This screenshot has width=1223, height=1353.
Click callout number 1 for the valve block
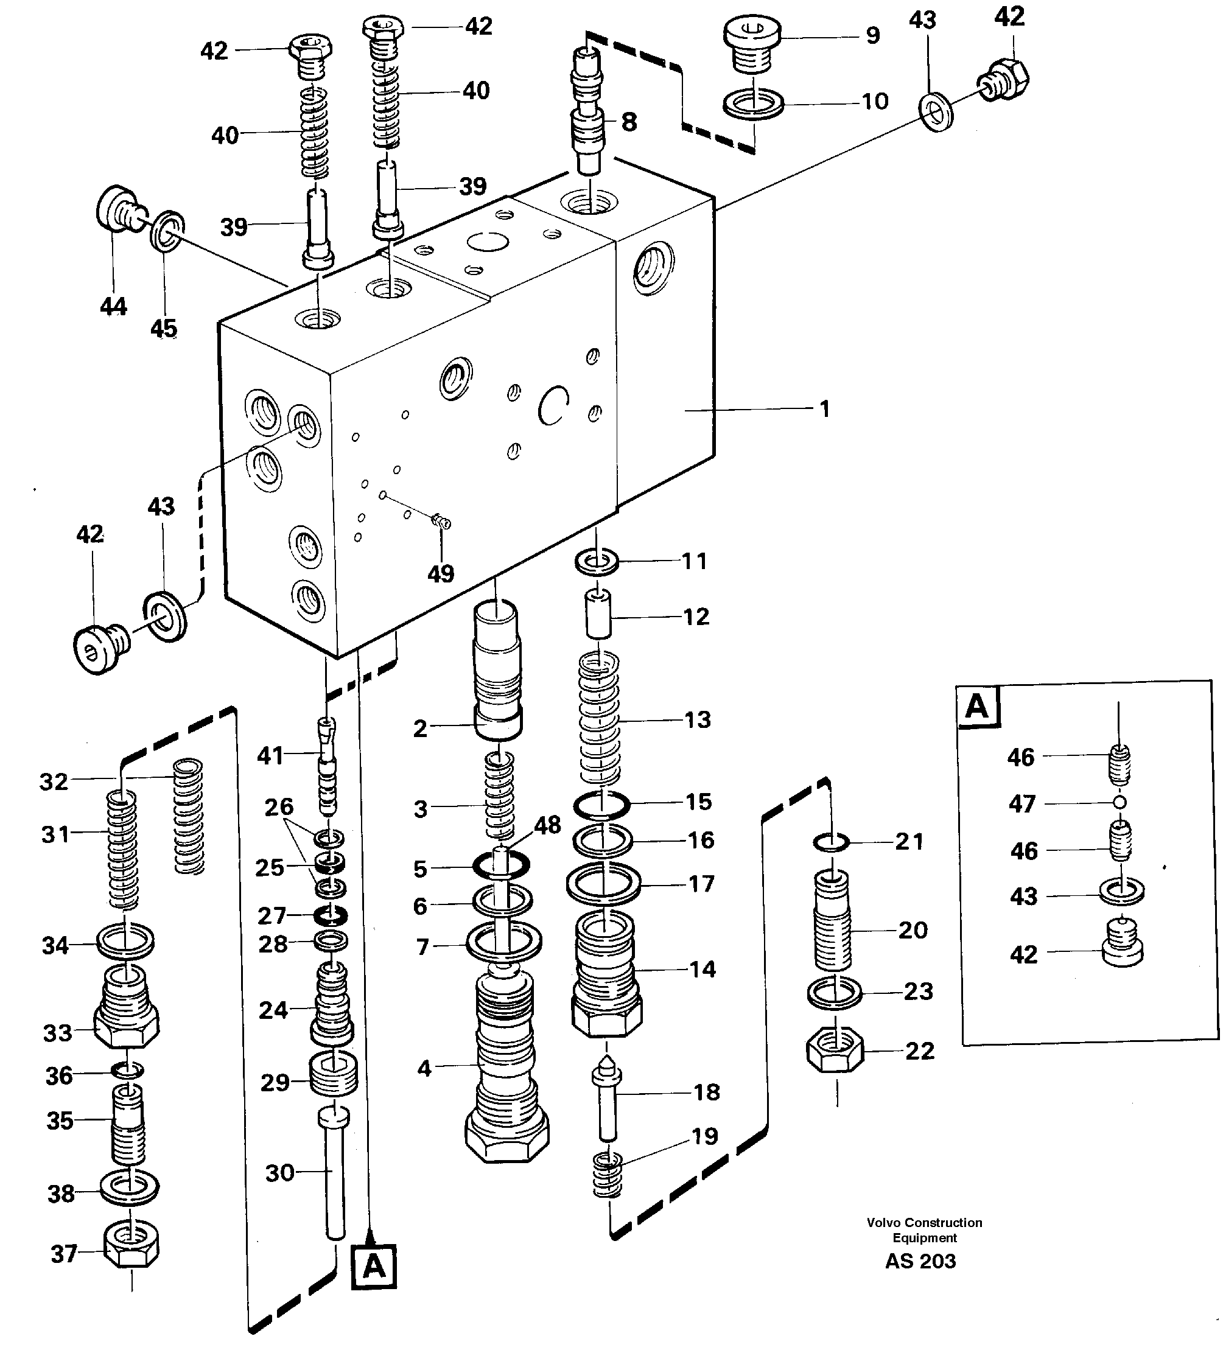coord(824,409)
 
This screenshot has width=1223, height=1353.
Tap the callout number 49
coord(440,574)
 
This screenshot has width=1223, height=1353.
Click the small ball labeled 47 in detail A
coord(1118,803)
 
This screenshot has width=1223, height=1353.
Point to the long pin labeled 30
coord(334,1175)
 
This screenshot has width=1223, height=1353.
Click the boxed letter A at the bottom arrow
coord(374,1267)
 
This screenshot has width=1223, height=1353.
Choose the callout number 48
coord(547,825)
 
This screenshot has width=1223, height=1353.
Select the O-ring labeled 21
coord(831,842)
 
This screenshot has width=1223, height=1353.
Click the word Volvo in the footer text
coord(883,1223)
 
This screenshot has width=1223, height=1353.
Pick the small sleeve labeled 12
coord(598,614)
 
